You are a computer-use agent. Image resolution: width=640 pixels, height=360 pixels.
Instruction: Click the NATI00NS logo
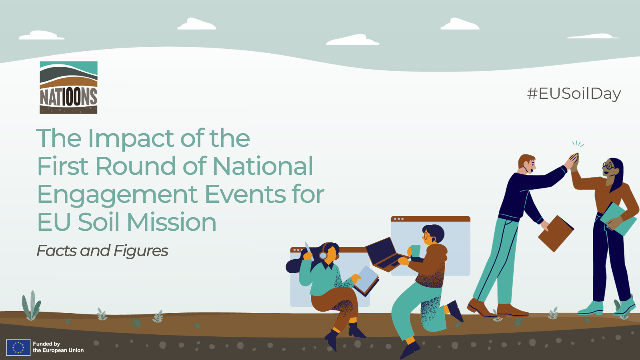click(68, 88)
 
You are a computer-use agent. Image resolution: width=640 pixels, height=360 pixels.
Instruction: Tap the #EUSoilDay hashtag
click(574, 94)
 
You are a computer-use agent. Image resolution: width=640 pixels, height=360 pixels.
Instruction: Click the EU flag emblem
click(18, 348)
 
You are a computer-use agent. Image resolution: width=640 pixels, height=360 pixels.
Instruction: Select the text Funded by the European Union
click(58, 347)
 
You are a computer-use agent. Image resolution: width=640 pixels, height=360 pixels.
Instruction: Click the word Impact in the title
click(131, 138)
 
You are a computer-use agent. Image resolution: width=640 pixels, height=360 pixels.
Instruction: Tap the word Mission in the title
click(172, 222)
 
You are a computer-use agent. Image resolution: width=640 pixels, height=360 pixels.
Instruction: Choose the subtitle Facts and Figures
click(102, 251)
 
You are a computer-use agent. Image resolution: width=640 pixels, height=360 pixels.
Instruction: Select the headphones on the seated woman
click(324, 252)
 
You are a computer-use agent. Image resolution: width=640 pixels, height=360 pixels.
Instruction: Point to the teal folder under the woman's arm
click(618, 218)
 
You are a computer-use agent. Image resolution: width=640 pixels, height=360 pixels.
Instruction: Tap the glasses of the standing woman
click(608, 166)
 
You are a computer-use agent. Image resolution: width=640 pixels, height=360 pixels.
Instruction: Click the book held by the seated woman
click(366, 280)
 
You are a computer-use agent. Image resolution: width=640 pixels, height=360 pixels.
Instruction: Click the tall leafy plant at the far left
click(31, 306)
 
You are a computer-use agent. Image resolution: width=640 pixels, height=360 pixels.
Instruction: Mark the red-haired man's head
click(526, 164)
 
